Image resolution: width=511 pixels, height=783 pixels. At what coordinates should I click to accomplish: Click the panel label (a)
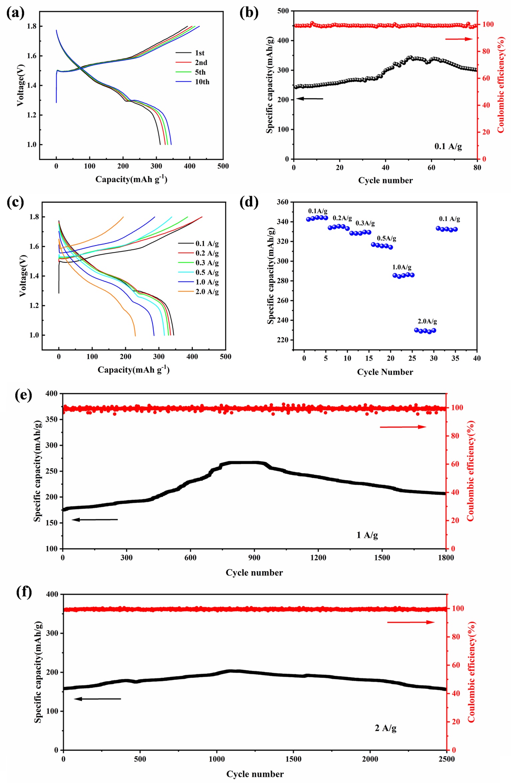15,13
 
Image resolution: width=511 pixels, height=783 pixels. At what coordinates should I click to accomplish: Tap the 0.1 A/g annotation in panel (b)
448,146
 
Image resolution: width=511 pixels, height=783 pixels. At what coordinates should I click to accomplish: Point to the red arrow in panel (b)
459,39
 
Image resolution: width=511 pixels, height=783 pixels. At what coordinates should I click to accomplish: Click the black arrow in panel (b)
309,98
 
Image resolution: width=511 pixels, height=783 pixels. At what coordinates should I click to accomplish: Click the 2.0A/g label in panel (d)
427,321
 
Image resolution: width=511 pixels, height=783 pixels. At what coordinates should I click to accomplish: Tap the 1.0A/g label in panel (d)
401,267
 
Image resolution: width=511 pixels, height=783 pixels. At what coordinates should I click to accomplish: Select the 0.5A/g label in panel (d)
386,238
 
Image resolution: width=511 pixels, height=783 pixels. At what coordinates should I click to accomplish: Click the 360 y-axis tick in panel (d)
283,202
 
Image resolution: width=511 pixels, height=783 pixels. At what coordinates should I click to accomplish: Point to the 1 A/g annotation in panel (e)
367,535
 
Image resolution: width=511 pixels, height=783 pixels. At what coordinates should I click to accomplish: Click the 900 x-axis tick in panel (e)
254,558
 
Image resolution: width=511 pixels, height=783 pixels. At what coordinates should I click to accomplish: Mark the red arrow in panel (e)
403,427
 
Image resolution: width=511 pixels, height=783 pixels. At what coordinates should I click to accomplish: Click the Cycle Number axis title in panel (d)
385,372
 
